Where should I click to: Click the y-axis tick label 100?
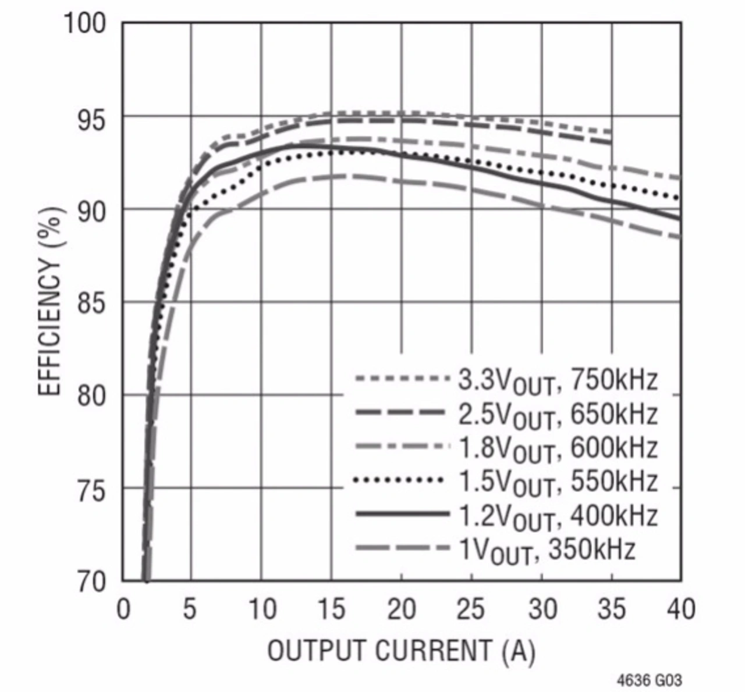click(x=84, y=24)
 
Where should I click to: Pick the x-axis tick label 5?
click(x=190, y=609)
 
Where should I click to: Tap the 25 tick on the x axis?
click(x=470, y=609)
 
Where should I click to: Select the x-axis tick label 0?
click(x=123, y=609)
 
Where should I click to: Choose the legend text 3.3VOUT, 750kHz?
click(x=558, y=381)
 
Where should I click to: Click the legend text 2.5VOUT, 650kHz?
click(x=558, y=415)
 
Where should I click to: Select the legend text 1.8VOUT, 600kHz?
click(x=558, y=449)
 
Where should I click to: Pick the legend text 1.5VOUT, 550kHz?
click(x=558, y=482)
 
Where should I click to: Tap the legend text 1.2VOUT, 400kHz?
click(x=558, y=516)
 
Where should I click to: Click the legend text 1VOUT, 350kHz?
click(x=546, y=550)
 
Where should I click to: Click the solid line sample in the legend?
click(x=402, y=514)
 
